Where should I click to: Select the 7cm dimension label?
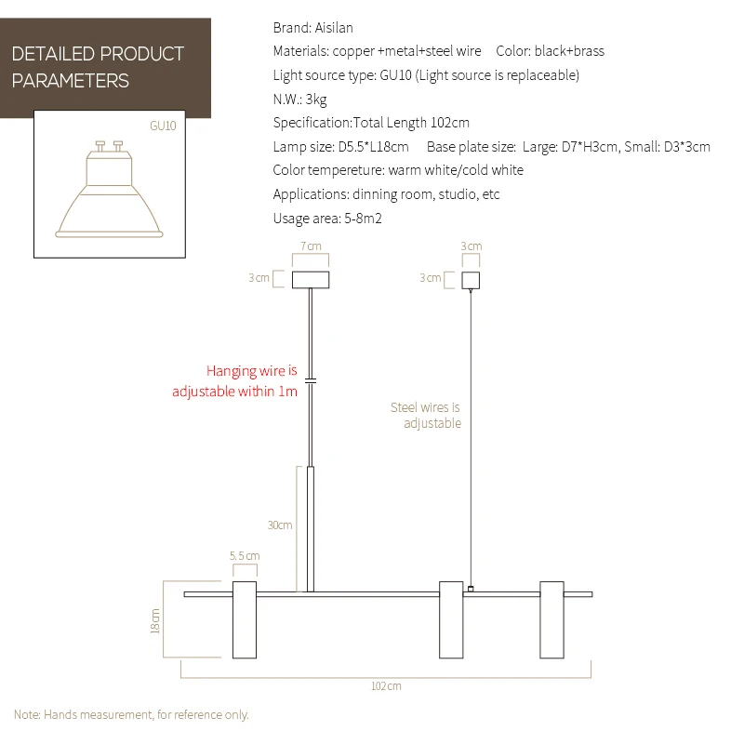coord(311,246)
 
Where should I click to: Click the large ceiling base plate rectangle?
coord(311,279)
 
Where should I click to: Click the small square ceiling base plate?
coord(472,279)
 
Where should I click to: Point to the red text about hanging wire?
coord(235,380)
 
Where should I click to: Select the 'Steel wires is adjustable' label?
coord(425,415)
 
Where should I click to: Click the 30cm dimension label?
coord(280,525)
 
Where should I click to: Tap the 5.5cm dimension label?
coord(244,555)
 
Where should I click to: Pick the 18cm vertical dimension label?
coord(155,620)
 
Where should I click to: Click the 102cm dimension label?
coord(386,685)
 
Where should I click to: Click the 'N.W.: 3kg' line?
coord(299,99)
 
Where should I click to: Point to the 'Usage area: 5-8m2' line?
coord(327,219)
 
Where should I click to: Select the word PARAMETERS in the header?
coord(70,81)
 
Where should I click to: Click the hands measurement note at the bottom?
coord(131,714)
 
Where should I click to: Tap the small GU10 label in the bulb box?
coord(163,125)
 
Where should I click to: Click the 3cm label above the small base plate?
coord(472,246)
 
